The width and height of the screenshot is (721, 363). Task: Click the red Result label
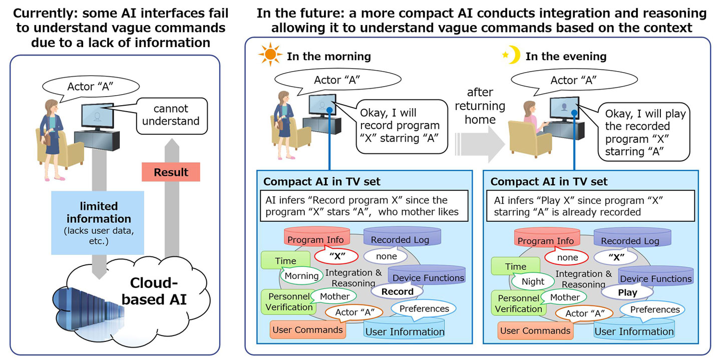(x=171, y=172)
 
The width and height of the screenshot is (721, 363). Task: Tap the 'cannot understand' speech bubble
(x=171, y=115)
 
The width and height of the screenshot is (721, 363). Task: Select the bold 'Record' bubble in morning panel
(x=397, y=291)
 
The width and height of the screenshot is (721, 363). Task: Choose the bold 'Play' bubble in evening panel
(x=627, y=292)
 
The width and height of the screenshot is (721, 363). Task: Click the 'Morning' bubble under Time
(x=301, y=276)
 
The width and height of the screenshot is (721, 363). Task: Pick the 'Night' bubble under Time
(x=532, y=282)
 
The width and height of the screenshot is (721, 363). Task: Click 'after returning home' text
(x=479, y=106)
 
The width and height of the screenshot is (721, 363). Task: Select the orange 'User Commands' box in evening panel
(x=535, y=330)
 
